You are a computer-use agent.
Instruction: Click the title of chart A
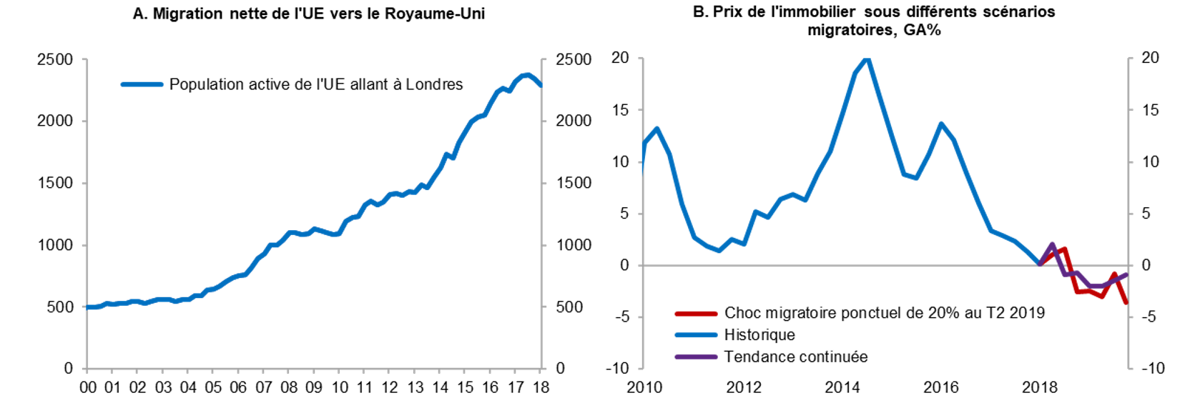(x=309, y=14)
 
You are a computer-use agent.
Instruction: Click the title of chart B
(x=874, y=21)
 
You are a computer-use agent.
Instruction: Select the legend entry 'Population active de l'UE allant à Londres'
(x=315, y=84)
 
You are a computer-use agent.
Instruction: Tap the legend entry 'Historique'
(x=759, y=334)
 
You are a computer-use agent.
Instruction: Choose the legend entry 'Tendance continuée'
(x=795, y=357)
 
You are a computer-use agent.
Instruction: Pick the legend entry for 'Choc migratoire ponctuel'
(x=884, y=312)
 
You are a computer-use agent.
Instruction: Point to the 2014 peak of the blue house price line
(x=867, y=59)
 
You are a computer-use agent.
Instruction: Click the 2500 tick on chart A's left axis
(x=55, y=59)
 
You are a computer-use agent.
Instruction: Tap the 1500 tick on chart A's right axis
(x=574, y=183)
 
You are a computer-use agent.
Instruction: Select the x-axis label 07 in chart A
(x=264, y=387)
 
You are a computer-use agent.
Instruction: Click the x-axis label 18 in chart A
(x=541, y=387)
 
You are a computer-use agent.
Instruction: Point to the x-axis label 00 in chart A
(x=88, y=387)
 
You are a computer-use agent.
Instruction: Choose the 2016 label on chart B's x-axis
(x=940, y=387)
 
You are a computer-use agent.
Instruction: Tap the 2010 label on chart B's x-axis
(x=644, y=387)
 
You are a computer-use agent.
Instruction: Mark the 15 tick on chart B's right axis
(x=1150, y=110)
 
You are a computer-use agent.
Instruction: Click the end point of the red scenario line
(x=1126, y=303)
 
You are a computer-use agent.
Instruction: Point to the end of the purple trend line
(x=1127, y=274)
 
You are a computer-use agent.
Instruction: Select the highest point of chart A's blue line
(x=528, y=74)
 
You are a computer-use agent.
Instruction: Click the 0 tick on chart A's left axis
(x=68, y=368)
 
